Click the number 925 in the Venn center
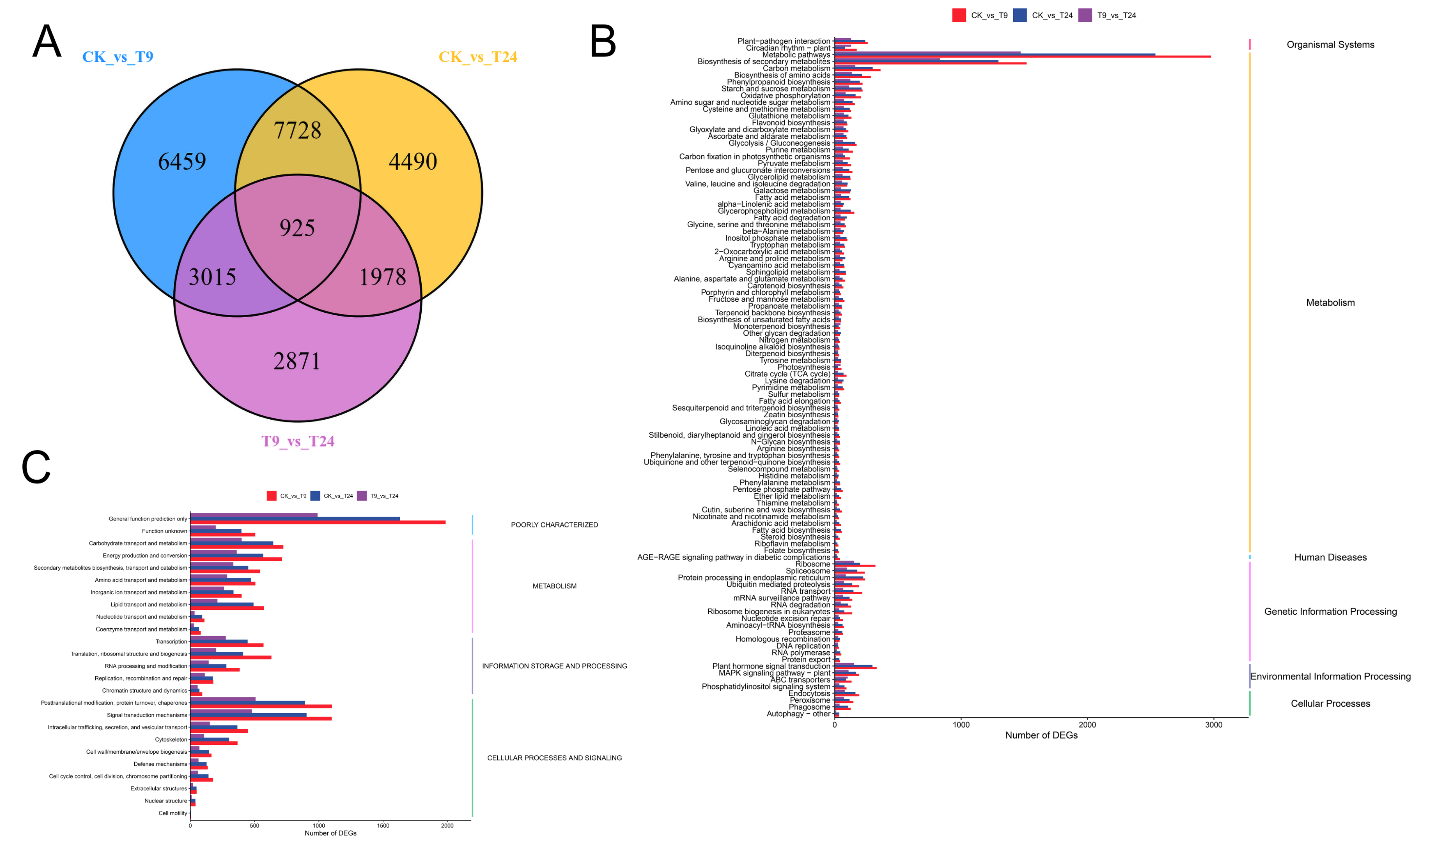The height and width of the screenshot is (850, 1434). pyautogui.click(x=297, y=228)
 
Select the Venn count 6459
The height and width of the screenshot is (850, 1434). pyautogui.click(x=182, y=162)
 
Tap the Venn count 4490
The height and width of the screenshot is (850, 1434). pyautogui.click(x=413, y=162)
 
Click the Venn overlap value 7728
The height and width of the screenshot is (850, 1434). pyautogui.click(x=297, y=130)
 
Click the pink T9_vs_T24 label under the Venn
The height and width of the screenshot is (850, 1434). pyautogui.click(x=298, y=441)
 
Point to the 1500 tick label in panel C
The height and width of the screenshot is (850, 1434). pyautogui.click(x=383, y=825)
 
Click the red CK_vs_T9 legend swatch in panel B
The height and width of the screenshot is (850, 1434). pyautogui.click(x=959, y=15)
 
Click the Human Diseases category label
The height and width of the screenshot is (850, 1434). pyautogui.click(x=1330, y=557)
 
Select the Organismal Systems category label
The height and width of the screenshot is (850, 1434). pyautogui.click(x=1330, y=45)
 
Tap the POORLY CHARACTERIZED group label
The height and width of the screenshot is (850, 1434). pyautogui.click(x=554, y=525)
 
